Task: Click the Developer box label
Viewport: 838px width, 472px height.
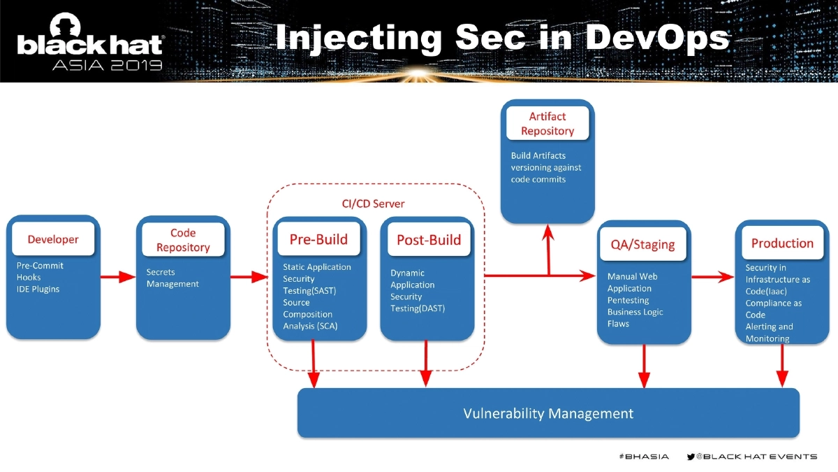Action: (x=53, y=239)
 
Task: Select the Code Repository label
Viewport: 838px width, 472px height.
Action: (x=183, y=240)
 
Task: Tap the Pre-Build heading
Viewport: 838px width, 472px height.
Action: (x=318, y=239)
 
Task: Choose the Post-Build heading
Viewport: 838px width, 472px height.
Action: (x=429, y=240)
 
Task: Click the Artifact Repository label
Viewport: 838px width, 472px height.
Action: (x=547, y=124)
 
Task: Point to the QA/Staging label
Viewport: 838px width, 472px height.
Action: (x=643, y=244)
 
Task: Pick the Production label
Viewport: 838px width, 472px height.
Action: (x=782, y=243)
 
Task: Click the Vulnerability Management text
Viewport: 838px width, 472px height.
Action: (x=548, y=413)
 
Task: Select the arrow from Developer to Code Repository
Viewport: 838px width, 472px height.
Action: (x=118, y=277)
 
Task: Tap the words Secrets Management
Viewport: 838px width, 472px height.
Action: (x=172, y=278)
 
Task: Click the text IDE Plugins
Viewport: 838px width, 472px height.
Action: (x=38, y=289)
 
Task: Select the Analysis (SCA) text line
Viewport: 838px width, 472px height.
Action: (x=310, y=326)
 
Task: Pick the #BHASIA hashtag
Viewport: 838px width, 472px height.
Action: (x=643, y=457)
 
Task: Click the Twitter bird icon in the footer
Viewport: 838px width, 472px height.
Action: (x=690, y=457)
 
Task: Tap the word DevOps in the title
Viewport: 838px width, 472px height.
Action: (x=657, y=38)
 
